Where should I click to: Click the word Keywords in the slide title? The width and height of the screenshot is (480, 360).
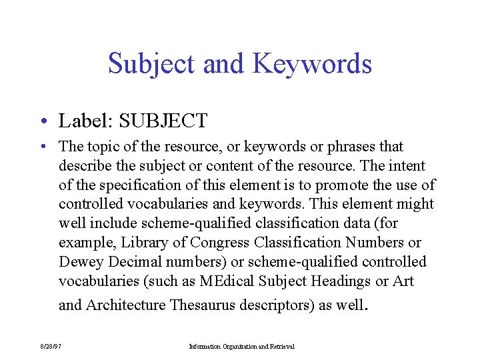pos(312,64)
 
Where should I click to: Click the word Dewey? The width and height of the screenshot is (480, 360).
pos(80,262)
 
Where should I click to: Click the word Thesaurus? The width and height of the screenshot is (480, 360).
pos(204,305)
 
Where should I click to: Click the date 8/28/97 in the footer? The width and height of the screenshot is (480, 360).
pos(50,347)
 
